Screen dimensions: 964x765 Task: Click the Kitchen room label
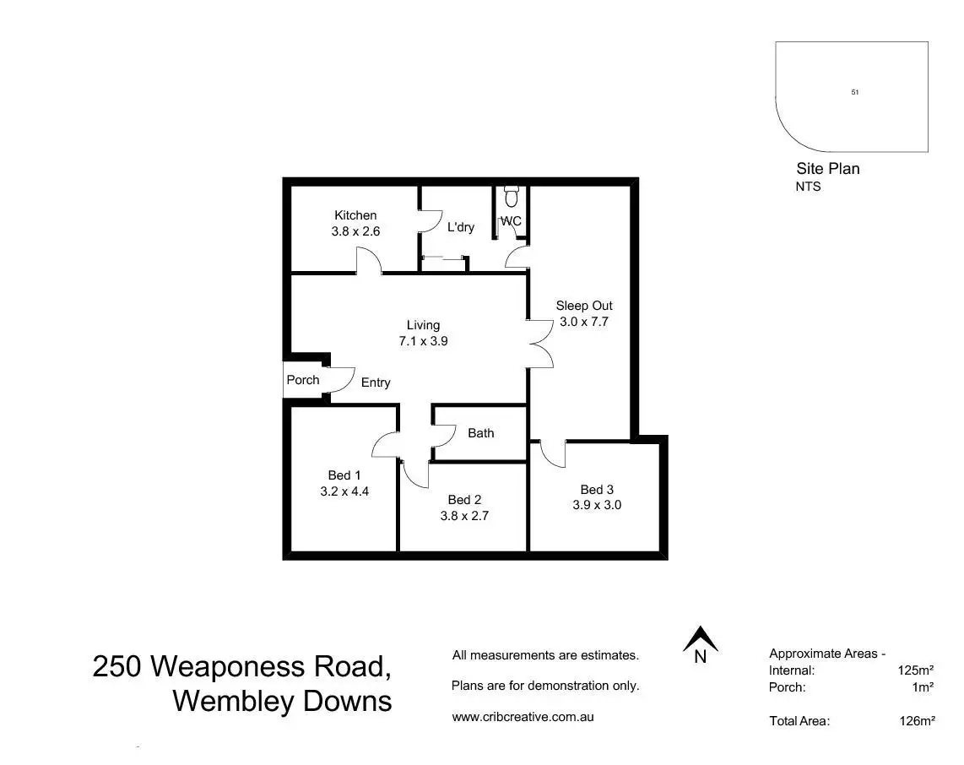pos(355,215)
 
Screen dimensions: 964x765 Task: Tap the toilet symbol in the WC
pos(512,197)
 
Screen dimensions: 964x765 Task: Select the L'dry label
pos(461,227)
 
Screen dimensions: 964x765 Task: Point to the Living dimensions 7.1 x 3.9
pos(423,341)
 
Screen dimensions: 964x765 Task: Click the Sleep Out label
pos(584,306)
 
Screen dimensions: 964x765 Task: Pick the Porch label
pos(303,380)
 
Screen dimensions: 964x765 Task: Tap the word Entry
pos(376,382)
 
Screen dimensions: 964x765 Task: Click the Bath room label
pos(481,433)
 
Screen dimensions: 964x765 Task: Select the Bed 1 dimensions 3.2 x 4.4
pos(344,491)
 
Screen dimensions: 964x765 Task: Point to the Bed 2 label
pos(464,500)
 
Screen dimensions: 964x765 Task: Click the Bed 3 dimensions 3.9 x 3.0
pos(597,505)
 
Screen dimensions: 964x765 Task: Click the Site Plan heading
pos(827,169)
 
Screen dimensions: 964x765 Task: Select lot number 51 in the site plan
pos(854,92)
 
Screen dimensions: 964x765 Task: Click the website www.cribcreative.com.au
pos(523,717)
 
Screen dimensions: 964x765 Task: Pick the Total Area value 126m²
pos(917,721)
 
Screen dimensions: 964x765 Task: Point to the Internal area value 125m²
pos(915,670)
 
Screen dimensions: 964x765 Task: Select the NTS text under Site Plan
pos(808,187)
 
